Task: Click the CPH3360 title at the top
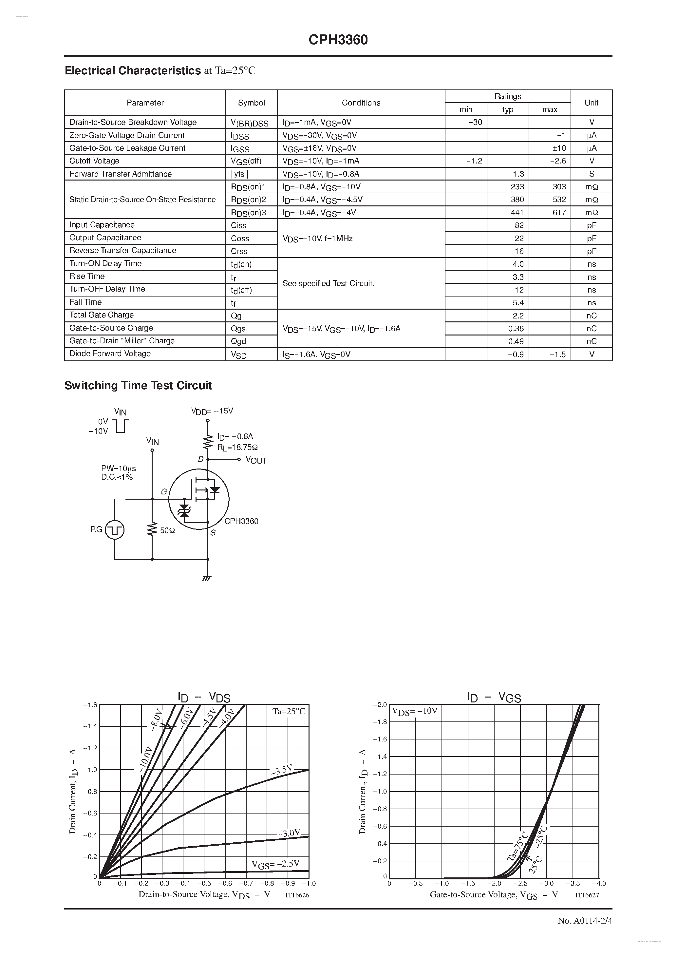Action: (338, 40)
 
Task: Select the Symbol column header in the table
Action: (251, 103)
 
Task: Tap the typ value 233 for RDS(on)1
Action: (517, 186)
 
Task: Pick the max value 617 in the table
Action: (559, 212)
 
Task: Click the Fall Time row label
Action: (85, 302)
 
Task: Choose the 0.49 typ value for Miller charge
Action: (516, 341)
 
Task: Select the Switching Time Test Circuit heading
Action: (138, 386)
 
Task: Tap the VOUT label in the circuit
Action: (256, 460)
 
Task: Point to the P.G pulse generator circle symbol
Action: (114, 530)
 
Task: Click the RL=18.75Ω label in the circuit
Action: (237, 447)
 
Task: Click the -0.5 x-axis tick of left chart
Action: (204, 883)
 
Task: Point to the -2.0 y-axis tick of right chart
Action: (381, 705)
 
